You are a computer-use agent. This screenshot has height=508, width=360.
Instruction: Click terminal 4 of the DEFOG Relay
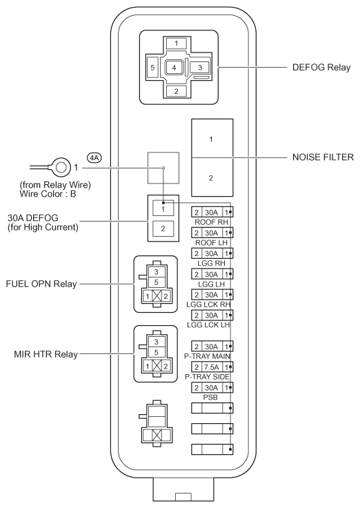click(174, 68)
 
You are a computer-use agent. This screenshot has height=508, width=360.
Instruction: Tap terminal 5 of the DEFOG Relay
click(152, 68)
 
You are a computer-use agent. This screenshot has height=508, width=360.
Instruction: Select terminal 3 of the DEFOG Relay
click(200, 68)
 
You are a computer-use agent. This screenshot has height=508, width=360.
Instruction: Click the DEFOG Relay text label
click(321, 68)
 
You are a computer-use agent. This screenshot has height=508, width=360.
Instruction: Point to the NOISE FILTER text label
click(323, 157)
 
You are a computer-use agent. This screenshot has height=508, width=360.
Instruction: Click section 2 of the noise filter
click(212, 177)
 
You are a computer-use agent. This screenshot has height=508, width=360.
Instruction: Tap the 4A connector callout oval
click(94, 158)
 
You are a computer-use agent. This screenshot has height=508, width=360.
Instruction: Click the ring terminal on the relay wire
click(60, 168)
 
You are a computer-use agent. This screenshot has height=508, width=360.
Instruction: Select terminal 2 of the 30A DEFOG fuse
click(163, 228)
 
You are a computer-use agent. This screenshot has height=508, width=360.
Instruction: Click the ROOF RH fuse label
click(212, 222)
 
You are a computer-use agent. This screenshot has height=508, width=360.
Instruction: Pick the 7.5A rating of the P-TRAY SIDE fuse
click(212, 367)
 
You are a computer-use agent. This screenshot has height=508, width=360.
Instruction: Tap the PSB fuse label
click(210, 397)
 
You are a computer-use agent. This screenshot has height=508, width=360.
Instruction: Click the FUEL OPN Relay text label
click(41, 284)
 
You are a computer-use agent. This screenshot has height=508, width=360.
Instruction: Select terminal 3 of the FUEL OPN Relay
click(156, 272)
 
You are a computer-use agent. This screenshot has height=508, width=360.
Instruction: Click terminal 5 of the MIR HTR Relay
click(157, 352)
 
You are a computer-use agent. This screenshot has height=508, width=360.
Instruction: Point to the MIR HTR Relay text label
click(46, 354)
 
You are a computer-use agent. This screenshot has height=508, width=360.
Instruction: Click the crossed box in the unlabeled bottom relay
click(157, 435)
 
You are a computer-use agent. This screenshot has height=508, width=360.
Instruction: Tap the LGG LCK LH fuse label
click(208, 324)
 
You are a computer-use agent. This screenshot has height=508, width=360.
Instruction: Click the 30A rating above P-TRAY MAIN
click(212, 346)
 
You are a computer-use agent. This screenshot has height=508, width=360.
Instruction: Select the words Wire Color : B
click(48, 194)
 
